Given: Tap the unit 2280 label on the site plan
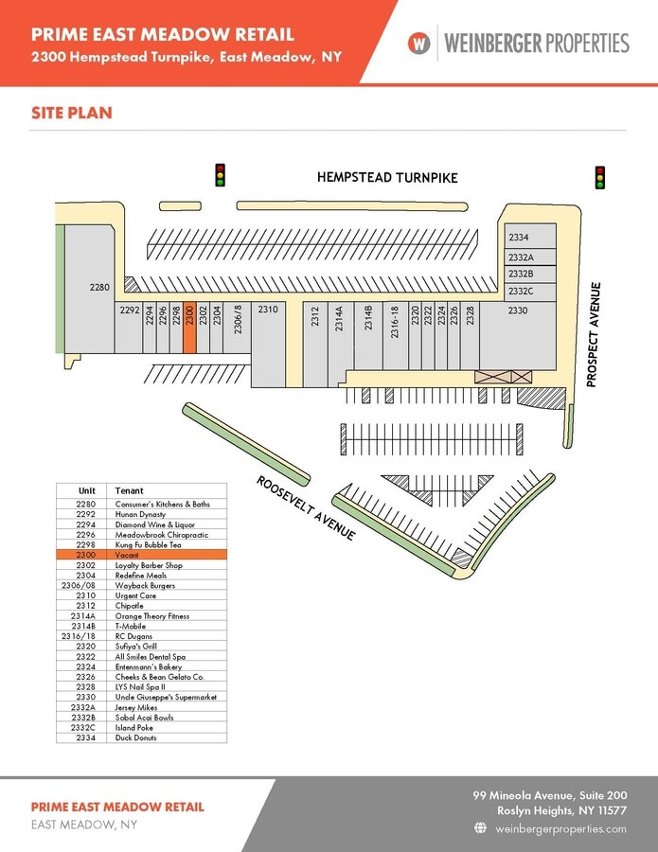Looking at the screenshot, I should pyautogui.click(x=100, y=287).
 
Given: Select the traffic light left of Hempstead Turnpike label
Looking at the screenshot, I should pyautogui.click(x=221, y=176).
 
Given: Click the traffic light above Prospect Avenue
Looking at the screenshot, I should pyautogui.click(x=599, y=177).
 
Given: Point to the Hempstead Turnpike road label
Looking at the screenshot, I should pyautogui.click(x=386, y=177).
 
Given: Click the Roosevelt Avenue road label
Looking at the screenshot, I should pyautogui.click(x=306, y=508).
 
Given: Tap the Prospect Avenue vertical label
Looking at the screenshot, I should pyautogui.click(x=595, y=334).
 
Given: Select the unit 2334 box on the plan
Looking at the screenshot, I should pyautogui.click(x=528, y=238).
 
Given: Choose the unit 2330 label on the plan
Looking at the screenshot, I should pyautogui.click(x=518, y=310).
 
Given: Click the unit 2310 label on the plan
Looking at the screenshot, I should pyautogui.click(x=268, y=310).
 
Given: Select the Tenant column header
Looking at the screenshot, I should pyautogui.click(x=129, y=491).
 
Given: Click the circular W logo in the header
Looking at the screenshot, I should pyautogui.click(x=419, y=43).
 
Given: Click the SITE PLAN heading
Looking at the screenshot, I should pyautogui.click(x=71, y=114).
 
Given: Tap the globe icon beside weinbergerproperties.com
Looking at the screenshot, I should pyautogui.click(x=480, y=828).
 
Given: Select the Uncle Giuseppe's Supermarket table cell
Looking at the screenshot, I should pyautogui.click(x=166, y=697).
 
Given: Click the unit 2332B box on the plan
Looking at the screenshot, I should pyautogui.click(x=528, y=275).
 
